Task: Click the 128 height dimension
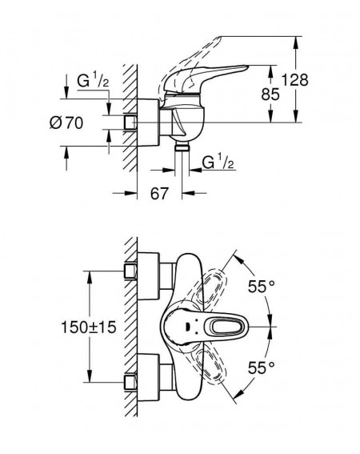pyautogui.click(x=295, y=79)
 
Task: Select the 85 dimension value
pyautogui.click(x=270, y=94)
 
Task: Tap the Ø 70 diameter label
pyautogui.click(x=66, y=123)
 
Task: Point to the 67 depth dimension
pyautogui.click(x=159, y=193)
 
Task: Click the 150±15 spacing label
pyautogui.click(x=89, y=327)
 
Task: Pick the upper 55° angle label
pyautogui.click(x=262, y=287)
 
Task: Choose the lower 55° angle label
pyautogui.click(x=262, y=368)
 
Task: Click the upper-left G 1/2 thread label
pyautogui.click(x=93, y=81)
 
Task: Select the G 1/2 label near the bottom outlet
pyautogui.click(x=218, y=162)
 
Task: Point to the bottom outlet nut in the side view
pyautogui.click(x=182, y=147)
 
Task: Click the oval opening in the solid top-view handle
pyautogui.click(x=228, y=327)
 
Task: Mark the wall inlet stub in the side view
pyautogui.click(x=130, y=123)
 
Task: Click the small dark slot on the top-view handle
pyautogui.click(x=187, y=327)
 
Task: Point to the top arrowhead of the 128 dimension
pyautogui.click(x=295, y=42)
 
